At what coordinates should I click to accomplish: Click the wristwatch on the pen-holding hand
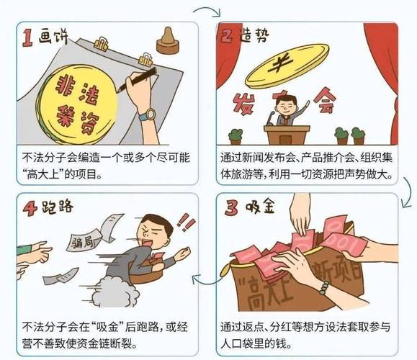[x=147, y=114]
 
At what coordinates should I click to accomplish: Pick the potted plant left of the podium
[x=236, y=135]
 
